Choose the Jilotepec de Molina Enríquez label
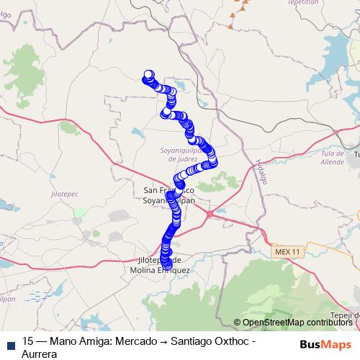click(163, 265)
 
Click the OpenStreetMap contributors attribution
click(296, 322)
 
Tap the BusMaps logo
click(325, 343)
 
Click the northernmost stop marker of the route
click(149, 74)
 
